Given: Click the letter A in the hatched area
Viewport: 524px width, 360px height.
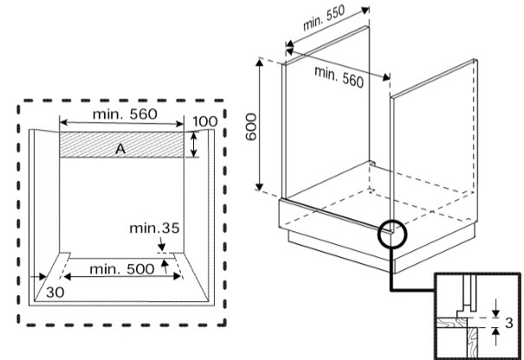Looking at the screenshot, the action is [x=120, y=149].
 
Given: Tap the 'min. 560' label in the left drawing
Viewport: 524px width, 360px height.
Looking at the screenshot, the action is [x=125, y=114].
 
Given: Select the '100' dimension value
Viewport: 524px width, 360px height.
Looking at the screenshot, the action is [x=205, y=121].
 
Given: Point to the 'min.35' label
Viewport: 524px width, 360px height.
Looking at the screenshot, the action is [x=154, y=228].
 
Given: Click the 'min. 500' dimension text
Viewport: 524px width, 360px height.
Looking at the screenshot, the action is [x=122, y=269].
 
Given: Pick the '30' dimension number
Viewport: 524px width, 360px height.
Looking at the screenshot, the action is [x=55, y=292].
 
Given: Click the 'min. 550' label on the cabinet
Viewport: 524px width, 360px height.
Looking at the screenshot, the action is [x=323, y=18].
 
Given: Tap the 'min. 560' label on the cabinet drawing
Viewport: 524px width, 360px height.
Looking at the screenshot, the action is [x=339, y=77].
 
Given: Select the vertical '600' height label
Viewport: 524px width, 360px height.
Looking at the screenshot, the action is [x=251, y=127].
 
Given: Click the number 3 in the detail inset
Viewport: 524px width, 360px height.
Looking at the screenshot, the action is [x=509, y=323].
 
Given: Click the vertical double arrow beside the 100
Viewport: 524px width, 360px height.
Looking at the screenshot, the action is [x=194, y=145].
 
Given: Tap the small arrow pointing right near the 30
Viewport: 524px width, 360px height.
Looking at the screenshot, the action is [x=38, y=277].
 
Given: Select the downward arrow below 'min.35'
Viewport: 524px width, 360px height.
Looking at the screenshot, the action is [x=162, y=244].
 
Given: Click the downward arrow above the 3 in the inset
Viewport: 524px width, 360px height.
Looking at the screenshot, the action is [x=496, y=309].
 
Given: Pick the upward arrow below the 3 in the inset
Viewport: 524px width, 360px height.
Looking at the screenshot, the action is [x=496, y=337].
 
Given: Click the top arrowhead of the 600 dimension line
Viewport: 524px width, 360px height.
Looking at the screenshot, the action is [x=259, y=62].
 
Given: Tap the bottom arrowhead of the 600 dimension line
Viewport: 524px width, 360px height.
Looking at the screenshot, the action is [x=259, y=186].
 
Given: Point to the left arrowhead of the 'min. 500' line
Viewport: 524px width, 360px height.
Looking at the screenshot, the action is [x=68, y=276].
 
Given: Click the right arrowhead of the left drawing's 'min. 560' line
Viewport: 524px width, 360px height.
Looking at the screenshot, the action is [x=179, y=125].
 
